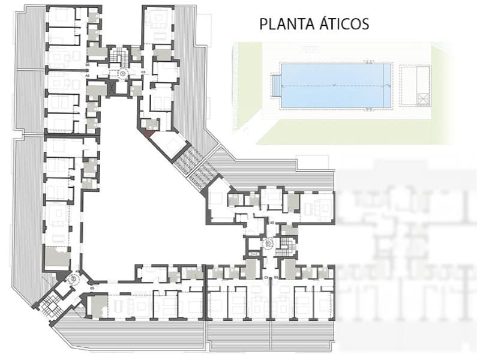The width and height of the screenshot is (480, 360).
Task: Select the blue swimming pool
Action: (x=334, y=86)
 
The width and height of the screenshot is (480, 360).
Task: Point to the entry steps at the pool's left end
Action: (x=276, y=86)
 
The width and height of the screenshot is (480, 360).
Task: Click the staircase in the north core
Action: (x=122, y=57)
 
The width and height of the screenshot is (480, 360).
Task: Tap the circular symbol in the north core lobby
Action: (x=122, y=73)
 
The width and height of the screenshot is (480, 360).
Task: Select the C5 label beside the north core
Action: (x=143, y=72)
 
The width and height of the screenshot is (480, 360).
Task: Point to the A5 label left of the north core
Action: (x=88, y=76)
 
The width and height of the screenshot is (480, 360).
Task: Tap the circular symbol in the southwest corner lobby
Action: (x=76, y=279)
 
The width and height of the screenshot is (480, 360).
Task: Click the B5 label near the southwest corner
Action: (x=92, y=289)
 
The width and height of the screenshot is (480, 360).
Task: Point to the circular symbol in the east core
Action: (x=268, y=244)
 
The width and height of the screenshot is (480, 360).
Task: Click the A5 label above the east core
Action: (x=272, y=223)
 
